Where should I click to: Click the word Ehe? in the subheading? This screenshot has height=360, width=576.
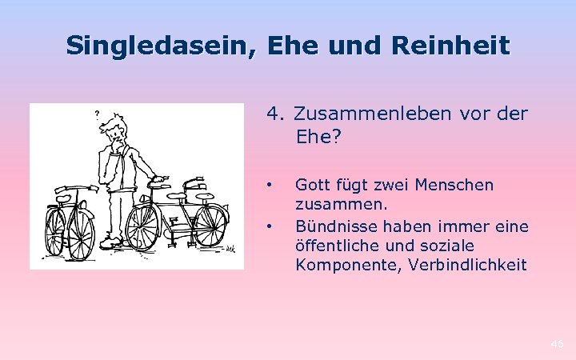[318, 137]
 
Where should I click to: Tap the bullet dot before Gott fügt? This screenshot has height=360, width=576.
[272, 185]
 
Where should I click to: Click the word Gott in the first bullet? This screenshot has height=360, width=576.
[311, 185]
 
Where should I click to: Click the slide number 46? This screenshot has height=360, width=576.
[557, 344]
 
